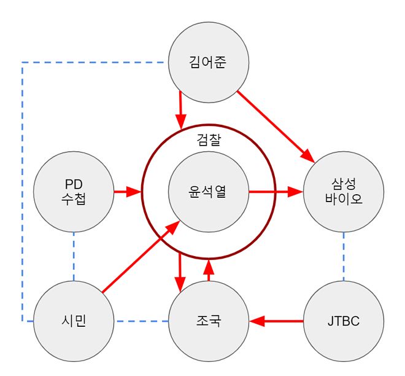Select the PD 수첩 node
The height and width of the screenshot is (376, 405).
(73, 192)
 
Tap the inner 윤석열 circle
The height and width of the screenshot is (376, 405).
(208, 192)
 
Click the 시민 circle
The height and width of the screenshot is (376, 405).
(73, 321)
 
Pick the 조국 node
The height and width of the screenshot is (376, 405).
(208, 321)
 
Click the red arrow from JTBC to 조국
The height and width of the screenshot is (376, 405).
(276, 321)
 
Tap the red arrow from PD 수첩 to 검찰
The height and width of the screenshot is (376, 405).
(128, 192)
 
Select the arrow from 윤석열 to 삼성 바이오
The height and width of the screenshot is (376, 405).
(276, 192)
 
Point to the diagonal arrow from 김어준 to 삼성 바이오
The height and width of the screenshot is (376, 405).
(274, 127)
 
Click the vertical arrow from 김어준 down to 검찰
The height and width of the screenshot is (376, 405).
(180, 109)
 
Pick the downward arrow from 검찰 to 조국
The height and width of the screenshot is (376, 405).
(180, 270)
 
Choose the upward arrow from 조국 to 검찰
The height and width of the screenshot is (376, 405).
(209, 270)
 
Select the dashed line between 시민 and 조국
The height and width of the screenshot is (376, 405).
(141, 321)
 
